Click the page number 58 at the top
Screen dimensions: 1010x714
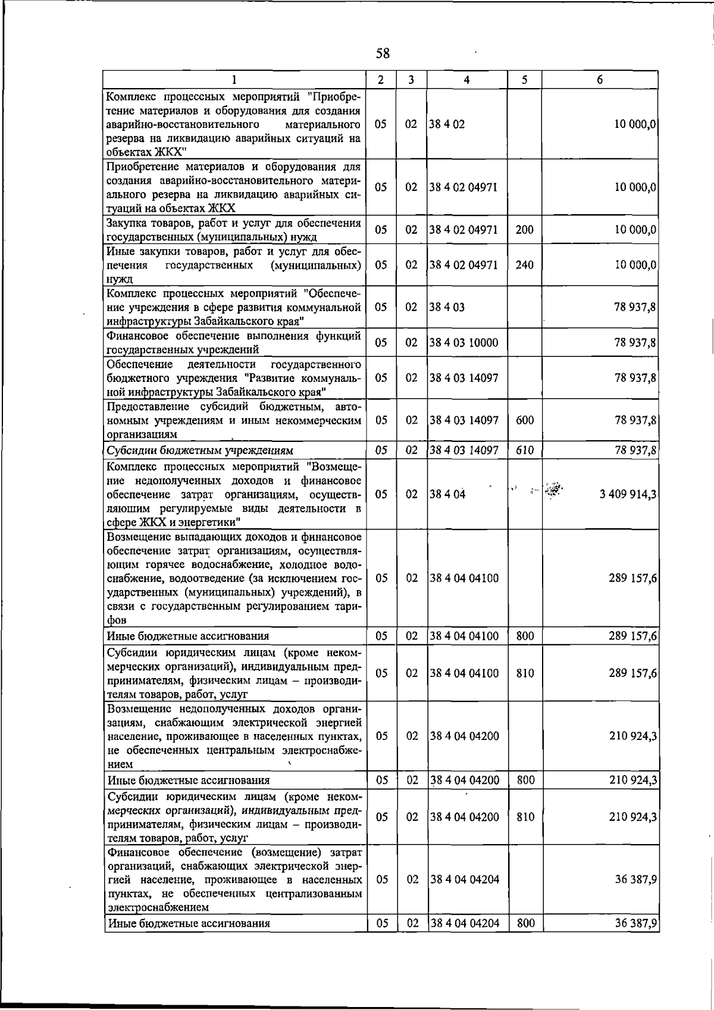pyautogui.click(x=383, y=54)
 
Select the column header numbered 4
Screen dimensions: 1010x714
pyautogui.click(x=466, y=80)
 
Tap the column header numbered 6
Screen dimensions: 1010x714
pyautogui.click(x=600, y=80)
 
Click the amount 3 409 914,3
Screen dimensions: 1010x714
pyautogui.click(x=628, y=494)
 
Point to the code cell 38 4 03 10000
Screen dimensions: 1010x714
pyautogui.click(x=464, y=343)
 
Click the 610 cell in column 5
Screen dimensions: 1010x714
pyautogui.click(x=524, y=450)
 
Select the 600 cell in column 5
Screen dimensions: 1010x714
pyautogui.click(x=524, y=420)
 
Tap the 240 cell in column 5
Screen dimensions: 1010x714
pyautogui.click(x=524, y=265)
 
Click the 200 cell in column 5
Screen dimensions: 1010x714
pyautogui.click(x=524, y=230)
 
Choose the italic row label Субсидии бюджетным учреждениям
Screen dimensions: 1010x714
pyautogui.click(x=200, y=450)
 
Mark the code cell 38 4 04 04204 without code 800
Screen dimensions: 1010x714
pyautogui.click(x=464, y=879)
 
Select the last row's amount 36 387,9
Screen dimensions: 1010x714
pyautogui.click(x=636, y=940)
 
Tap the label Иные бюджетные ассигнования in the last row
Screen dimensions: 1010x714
pyautogui.click(x=189, y=940)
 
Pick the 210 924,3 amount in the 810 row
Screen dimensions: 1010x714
pyautogui.click(x=633, y=817)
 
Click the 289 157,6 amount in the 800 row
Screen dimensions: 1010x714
pyautogui.click(x=633, y=636)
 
